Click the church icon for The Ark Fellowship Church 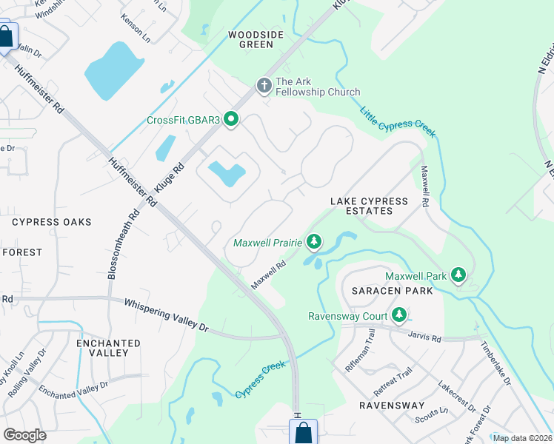point(264,86)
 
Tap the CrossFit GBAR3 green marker point(231,119)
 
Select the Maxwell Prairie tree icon point(314,242)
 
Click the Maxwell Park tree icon point(458,276)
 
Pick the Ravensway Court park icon point(399,316)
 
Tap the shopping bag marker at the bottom point(303,432)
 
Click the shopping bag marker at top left point(6,37)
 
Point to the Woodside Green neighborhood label point(251,39)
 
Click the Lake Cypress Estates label point(370,206)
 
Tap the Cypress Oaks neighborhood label point(52,222)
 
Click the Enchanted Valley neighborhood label point(108,348)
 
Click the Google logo point(25,435)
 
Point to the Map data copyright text point(522,438)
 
